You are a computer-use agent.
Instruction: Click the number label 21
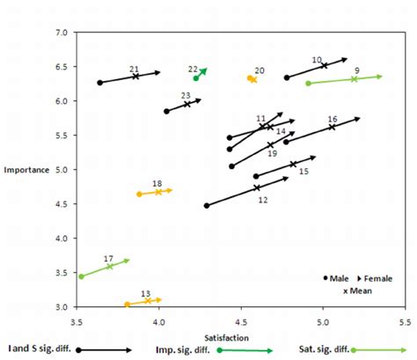pyautogui.click(x=134, y=69)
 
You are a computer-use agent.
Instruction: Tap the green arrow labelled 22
pyautogui.click(x=201, y=74)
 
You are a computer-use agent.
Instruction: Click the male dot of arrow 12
pyautogui.click(x=207, y=206)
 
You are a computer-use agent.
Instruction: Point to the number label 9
pyautogui.click(x=356, y=70)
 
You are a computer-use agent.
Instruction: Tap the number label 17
pyautogui.click(x=108, y=259)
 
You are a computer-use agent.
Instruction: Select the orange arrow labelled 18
pyautogui.click(x=156, y=192)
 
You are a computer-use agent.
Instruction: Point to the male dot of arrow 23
pyautogui.click(x=166, y=111)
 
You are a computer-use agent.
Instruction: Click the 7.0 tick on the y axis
pyautogui.click(x=61, y=33)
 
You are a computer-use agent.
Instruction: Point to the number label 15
pyautogui.click(x=304, y=172)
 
